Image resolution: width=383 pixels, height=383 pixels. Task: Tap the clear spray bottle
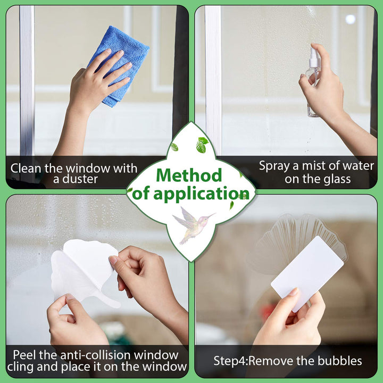pos(313,81)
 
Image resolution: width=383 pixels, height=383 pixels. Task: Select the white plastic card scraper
pos(307,273)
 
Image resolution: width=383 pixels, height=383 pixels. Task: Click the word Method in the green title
pos(189,175)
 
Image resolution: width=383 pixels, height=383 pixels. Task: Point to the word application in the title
pos(201,194)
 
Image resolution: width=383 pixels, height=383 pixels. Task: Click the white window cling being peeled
pos(83,271)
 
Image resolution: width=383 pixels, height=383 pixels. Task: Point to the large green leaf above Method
pos(202,145)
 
